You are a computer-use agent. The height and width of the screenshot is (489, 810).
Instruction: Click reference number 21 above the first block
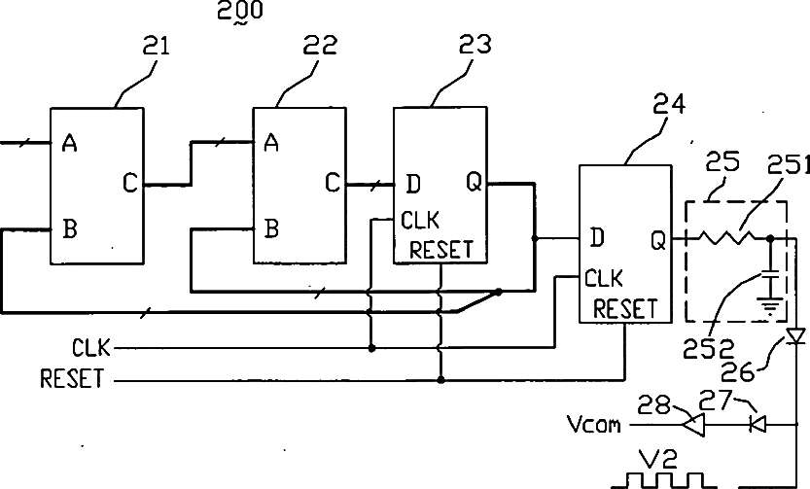click(x=156, y=46)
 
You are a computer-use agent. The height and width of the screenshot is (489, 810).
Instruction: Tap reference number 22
click(x=320, y=45)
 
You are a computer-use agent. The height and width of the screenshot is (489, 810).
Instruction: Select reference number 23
click(x=475, y=45)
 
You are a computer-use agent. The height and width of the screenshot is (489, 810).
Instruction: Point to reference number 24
click(x=669, y=104)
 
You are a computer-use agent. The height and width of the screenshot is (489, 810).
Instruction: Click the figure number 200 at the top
click(x=240, y=11)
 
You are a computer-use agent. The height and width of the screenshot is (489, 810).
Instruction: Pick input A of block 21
click(x=69, y=143)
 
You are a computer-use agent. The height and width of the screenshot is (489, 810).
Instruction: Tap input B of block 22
click(x=271, y=228)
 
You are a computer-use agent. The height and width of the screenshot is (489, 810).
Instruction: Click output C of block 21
click(x=130, y=183)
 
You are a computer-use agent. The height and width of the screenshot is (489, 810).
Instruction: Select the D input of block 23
click(x=413, y=184)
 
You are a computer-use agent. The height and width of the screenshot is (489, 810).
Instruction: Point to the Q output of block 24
click(x=658, y=240)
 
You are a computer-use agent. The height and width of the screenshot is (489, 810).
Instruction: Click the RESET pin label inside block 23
click(x=441, y=250)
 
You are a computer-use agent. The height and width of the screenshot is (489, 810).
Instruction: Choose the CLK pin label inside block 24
click(x=604, y=279)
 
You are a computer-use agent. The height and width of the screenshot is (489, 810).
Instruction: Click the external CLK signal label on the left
click(x=91, y=348)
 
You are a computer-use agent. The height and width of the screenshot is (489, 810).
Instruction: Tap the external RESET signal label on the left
click(x=72, y=378)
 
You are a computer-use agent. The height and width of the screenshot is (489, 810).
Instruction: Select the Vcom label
click(x=594, y=425)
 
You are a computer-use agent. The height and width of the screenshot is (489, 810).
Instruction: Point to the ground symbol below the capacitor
click(x=770, y=306)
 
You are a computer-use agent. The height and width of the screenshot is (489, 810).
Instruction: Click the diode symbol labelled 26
click(x=796, y=336)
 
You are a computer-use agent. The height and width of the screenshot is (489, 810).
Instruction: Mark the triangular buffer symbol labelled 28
click(x=692, y=425)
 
